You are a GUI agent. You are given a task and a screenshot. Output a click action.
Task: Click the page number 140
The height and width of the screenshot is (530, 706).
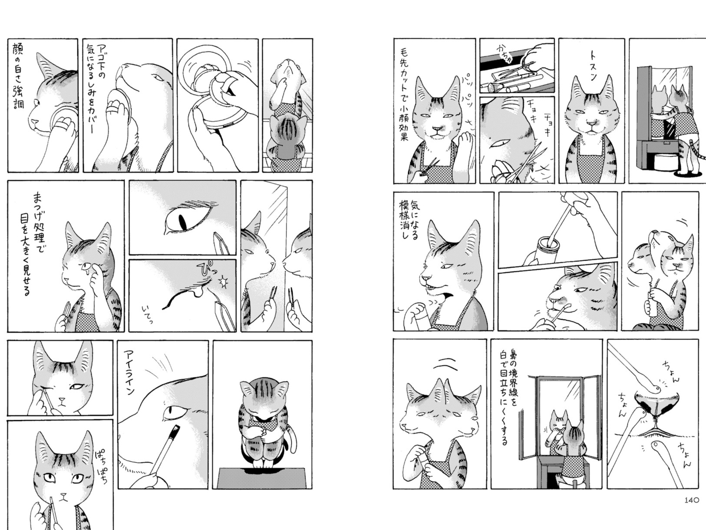(691, 509)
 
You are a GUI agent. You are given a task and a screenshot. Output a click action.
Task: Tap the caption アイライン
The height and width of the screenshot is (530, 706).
(129, 372)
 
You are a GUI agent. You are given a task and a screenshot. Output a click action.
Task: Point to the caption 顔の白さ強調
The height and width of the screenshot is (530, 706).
(18, 76)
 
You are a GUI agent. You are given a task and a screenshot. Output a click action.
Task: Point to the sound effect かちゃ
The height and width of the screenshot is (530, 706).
(505, 54)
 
